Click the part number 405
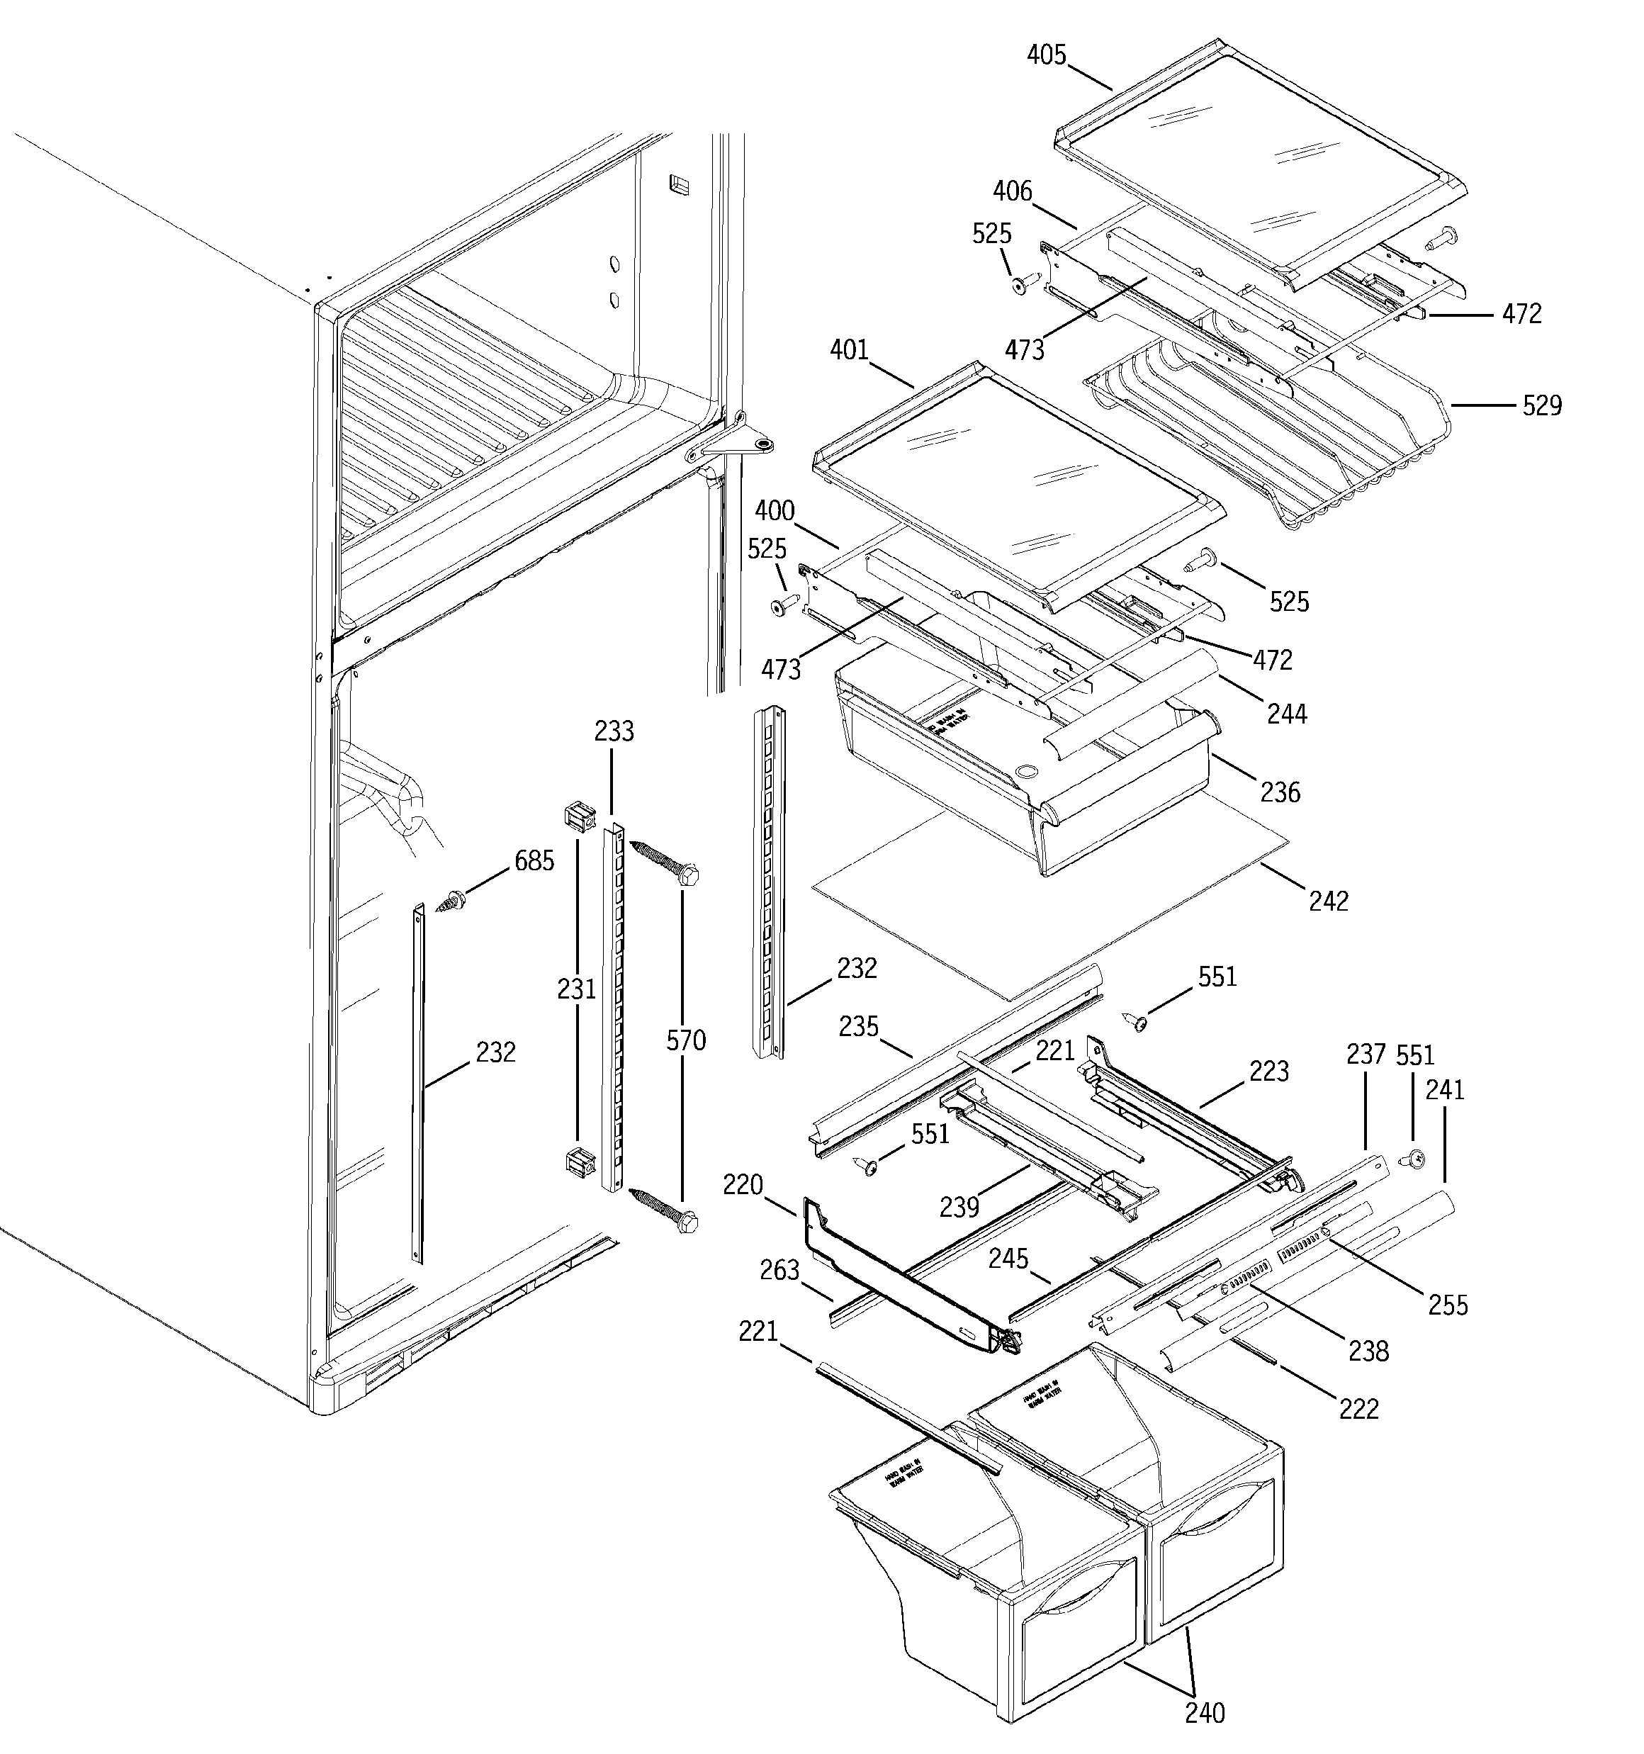point(1047,55)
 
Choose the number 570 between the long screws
point(686,1040)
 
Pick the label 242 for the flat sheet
point(1328,901)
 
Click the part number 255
point(1448,1305)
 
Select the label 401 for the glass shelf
point(849,350)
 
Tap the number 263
point(779,1270)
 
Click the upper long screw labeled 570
point(666,862)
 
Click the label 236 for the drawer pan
point(1280,792)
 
